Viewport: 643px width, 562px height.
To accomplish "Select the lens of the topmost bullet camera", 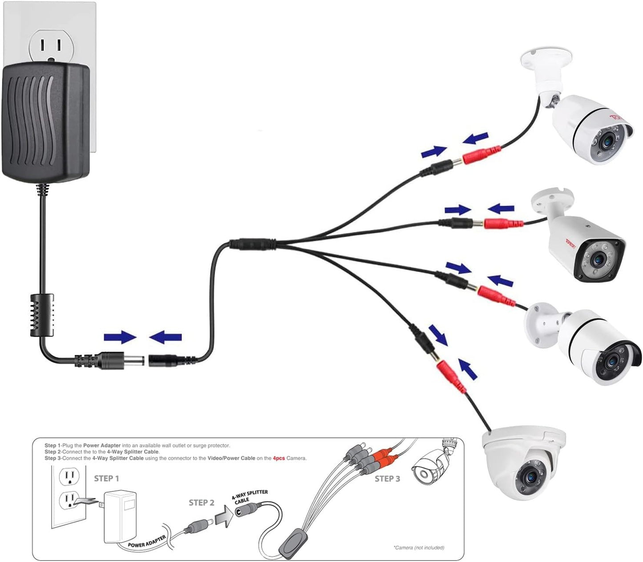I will pyautogui.click(x=606, y=143).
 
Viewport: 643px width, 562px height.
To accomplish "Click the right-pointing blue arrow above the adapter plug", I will pyautogui.click(x=120, y=337).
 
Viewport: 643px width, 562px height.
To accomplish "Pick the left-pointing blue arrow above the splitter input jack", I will pyautogui.click(x=166, y=337).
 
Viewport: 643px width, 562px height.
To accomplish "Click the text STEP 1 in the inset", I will pyautogui.click(x=106, y=478).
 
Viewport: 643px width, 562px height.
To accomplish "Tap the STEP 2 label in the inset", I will pyautogui.click(x=201, y=502).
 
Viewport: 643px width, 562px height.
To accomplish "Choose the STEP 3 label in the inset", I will pyautogui.click(x=387, y=479).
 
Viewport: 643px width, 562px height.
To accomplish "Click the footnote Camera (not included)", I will pyautogui.click(x=419, y=548).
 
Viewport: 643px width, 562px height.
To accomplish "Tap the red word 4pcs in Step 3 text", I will pyautogui.click(x=279, y=458).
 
